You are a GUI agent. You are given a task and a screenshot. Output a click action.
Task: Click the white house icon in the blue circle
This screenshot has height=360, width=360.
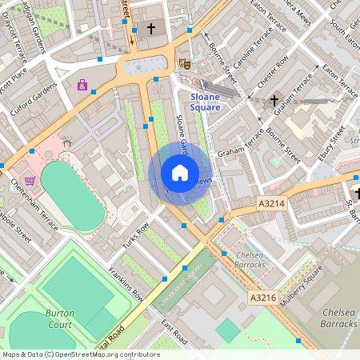tap(180, 173)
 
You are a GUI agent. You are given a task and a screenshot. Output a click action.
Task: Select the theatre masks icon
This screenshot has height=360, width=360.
tap(185, 63)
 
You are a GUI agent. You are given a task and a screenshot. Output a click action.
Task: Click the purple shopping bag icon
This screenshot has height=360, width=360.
tap(82, 85)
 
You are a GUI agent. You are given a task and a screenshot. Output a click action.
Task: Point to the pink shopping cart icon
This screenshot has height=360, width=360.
tap(30, 182)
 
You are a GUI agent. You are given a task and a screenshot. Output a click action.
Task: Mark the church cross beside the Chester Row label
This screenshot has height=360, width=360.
tap(274, 100)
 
